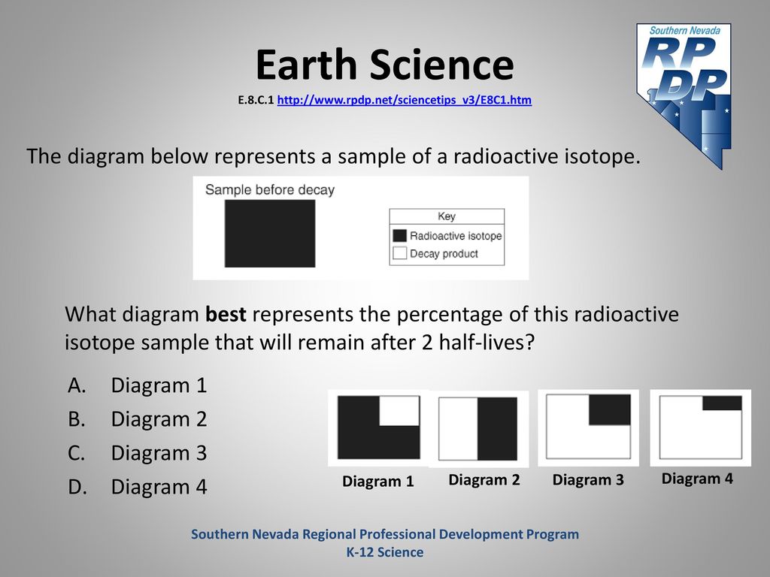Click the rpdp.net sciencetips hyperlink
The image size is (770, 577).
tap(404, 100)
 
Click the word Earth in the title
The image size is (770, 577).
tap(306, 65)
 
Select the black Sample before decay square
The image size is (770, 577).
tap(270, 234)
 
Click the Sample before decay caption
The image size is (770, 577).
tap(270, 190)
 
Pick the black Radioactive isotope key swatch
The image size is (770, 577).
tap(400, 235)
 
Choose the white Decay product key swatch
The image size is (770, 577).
tap(400, 253)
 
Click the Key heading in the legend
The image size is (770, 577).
tap(447, 216)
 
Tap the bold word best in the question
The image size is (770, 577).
tap(226, 314)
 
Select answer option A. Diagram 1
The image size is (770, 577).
tap(138, 385)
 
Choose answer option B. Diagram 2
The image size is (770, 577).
tap(138, 419)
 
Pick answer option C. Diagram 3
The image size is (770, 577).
tap(138, 453)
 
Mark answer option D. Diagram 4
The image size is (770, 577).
tap(138, 487)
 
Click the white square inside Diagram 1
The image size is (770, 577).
tap(399, 411)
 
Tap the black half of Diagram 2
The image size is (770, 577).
tap(498, 429)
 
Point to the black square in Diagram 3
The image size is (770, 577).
tap(609, 409)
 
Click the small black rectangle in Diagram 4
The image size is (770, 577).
tap(722, 403)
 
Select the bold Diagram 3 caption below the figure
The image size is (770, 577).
tap(588, 480)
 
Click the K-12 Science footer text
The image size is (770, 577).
tap(385, 552)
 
